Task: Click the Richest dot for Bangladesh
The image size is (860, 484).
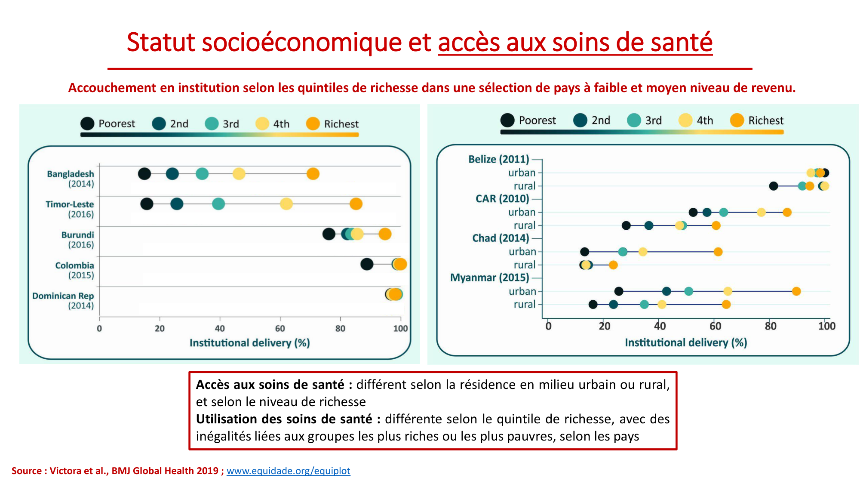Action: click(x=313, y=174)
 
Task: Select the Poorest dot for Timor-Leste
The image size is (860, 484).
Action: click(x=147, y=204)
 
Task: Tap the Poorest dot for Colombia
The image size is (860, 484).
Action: click(x=366, y=264)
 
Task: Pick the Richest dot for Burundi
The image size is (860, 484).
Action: click(x=385, y=234)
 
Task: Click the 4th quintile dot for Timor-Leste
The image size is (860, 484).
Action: click(x=286, y=204)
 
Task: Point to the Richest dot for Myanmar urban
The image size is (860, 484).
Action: click(x=796, y=291)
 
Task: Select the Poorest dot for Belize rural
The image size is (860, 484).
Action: click(x=773, y=186)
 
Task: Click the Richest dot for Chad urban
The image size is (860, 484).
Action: click(x=718, y=252)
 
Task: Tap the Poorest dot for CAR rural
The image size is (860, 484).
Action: click(x=626, y=225)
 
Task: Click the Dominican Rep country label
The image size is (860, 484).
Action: click(x=63, y=296)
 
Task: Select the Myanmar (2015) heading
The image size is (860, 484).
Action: click(x=489, y=277)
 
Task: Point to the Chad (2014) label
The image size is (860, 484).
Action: click(x=501, y=238)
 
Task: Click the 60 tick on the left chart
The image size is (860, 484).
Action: click(x=280, y=329)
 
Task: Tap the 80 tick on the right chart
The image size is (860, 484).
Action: click(x=770, y=326)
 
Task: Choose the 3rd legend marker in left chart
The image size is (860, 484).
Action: click(x=212, y=124)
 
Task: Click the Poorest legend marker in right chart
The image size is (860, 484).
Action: click(x=507, y=120)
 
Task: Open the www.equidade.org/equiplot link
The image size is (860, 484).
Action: click(x=288, y=471)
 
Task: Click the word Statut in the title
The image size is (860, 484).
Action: click(x=161, y=43)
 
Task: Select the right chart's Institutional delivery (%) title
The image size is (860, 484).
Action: click(x=685, y=342)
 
